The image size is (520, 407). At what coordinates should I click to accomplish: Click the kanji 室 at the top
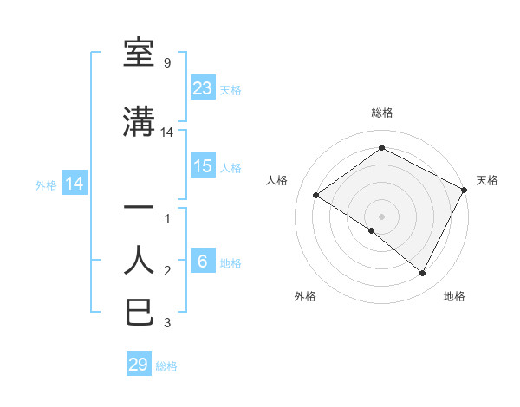140,54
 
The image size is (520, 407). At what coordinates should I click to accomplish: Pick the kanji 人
140,260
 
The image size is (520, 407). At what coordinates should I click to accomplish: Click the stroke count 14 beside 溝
167,132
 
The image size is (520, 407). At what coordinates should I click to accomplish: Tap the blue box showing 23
202,87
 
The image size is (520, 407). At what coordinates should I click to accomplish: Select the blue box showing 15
202,166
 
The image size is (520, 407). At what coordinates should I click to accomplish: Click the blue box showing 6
202,262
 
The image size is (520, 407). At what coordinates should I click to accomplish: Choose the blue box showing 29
138,365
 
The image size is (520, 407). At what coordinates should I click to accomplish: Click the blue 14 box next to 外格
74,184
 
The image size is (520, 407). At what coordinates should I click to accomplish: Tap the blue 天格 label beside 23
231,89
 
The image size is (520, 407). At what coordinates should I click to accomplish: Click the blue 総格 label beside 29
166,366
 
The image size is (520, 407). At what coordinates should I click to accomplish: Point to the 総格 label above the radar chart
381,113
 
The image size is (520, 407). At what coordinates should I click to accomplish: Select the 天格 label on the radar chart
487,180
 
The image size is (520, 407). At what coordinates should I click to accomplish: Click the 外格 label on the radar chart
304,296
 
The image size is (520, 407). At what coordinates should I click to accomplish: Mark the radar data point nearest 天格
465,190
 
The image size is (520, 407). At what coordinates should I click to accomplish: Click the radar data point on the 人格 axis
316,195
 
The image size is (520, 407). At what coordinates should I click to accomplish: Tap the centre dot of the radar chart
381,216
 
